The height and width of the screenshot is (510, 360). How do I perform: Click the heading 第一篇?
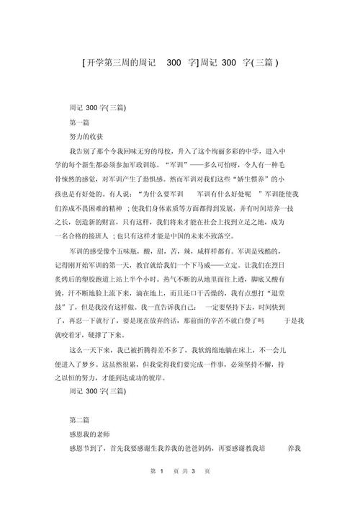tap(78, 122)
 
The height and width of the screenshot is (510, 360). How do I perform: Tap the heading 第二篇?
tap(78, 420)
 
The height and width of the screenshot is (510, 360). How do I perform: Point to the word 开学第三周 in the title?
tap(109, 62)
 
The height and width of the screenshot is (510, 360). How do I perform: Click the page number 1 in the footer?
tap(164, 491)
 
